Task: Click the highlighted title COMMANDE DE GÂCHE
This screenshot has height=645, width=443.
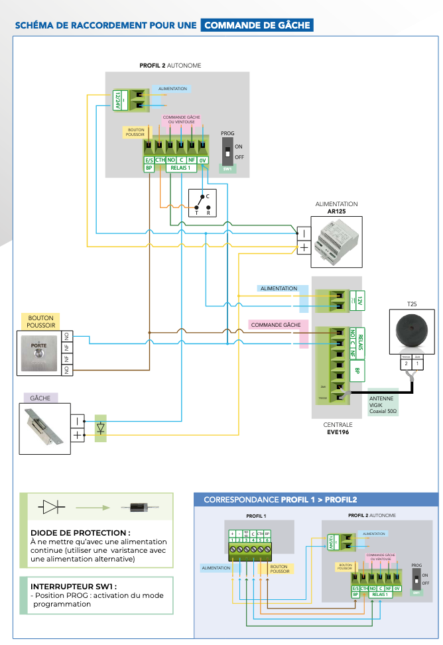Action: click(257, 25)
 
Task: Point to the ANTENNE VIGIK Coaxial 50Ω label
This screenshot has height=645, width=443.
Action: click(383, 404)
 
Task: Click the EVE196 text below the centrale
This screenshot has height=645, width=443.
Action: click(337, 432)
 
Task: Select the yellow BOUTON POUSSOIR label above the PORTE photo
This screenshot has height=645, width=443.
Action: click(40, 322)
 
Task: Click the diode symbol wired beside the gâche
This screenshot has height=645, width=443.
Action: click(100, 428)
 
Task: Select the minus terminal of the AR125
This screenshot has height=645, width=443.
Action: click(302, 233)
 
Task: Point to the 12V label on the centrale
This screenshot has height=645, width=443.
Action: click(359, 300)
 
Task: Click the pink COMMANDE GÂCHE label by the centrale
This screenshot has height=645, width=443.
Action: click(275, 325)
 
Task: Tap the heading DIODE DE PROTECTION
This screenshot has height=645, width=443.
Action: click(80, 532)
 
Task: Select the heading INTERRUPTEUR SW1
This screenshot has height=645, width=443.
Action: click(74, 587)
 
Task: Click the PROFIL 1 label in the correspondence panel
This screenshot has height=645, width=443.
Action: click(256, 515)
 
